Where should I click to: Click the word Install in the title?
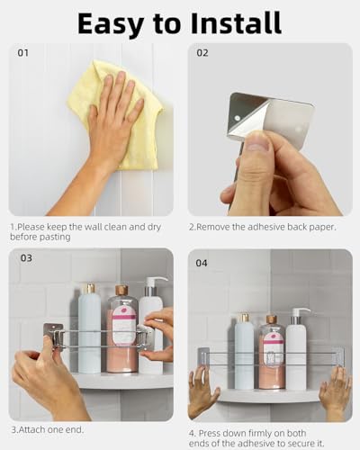coord(236,22)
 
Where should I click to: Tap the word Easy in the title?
coord(111,24)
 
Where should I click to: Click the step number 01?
coord(23,53)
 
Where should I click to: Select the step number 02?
coord(202,53)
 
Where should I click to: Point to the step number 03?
coord(26,258)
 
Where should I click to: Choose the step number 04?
coord(202,263)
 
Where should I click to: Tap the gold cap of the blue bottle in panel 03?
coord(89,288)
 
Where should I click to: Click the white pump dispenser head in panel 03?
coord(156,282)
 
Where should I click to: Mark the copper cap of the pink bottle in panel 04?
coord(271,319)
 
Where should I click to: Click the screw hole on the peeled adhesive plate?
coord(238,118)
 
